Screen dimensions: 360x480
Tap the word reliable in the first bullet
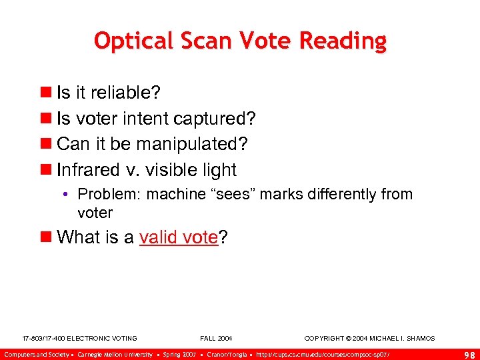point(121,92)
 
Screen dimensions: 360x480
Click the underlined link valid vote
point(179,238)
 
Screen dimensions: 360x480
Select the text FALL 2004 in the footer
point(216,339)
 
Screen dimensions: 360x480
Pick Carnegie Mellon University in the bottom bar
point(115,353)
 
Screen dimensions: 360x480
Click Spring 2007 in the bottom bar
point(179,353)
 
